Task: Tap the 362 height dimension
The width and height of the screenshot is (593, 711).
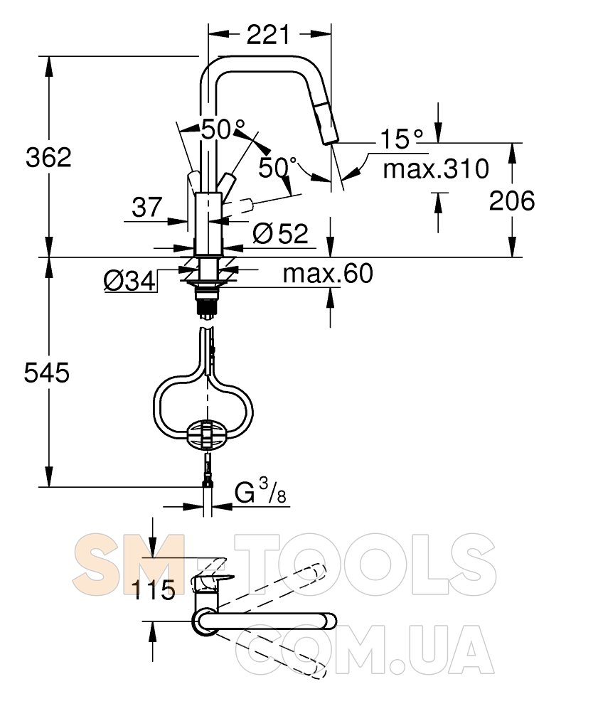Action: click(x=48, y=157)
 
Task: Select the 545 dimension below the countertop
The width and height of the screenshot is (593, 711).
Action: click(x=47, y=373)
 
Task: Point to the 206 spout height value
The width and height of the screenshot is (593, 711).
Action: click(x=512, y=201)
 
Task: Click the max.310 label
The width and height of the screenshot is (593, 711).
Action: click(x=436, y=169)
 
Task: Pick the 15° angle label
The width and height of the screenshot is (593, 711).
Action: click(x=401, y=139)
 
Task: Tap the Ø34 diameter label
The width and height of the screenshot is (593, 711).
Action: click(x=129, y=282)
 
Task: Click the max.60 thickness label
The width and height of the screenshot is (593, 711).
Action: click(x=328, y=273)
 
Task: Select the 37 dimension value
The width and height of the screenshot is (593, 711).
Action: click(x=147, y=207)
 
